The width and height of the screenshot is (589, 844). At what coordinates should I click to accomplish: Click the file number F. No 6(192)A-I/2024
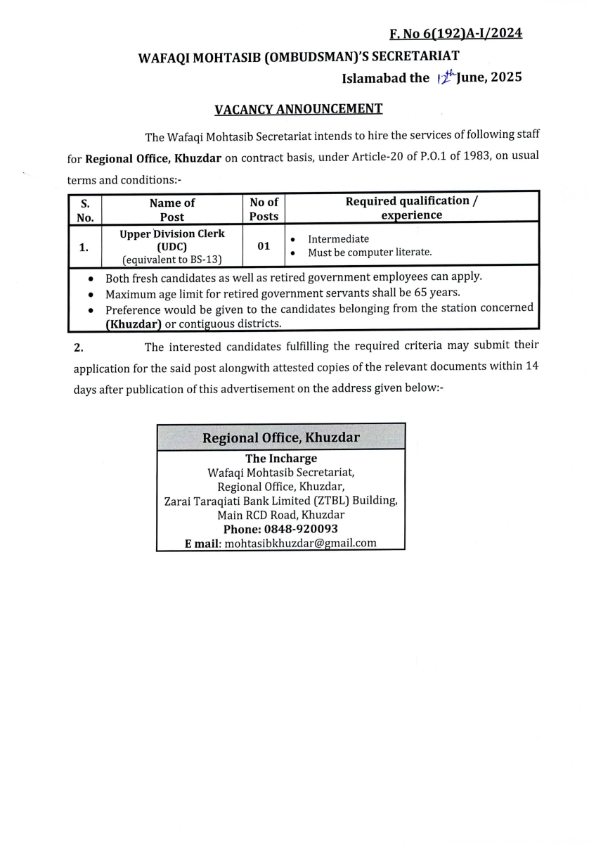click(x=455, y=33)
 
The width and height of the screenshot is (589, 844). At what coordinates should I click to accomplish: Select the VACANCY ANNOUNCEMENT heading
click(x=298, y=109)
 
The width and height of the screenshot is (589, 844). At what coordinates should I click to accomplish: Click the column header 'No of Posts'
click(x=264, y=209)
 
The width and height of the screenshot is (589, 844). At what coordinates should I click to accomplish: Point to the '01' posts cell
click(x=264, y=246)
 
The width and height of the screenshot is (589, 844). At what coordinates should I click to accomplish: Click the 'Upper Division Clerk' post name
click(x=172, y=234)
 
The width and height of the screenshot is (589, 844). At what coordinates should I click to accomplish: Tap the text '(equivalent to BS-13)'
click(x=172, y=259)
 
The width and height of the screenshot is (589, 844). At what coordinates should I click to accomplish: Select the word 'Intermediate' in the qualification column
click(x=338, y=239)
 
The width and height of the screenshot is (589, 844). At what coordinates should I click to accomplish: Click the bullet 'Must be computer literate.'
click(x=370, y=252)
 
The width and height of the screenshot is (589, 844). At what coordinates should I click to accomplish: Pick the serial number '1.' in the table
click(x=84, y=247)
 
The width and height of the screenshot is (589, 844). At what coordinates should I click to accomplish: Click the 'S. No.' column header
click(x=85, y=210)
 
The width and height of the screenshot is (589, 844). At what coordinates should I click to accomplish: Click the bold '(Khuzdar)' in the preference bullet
click(x=134, y=324)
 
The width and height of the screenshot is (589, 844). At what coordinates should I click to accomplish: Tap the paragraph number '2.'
click(x=79, y=347)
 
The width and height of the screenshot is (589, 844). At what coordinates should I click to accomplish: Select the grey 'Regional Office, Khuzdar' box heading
click(x=280, y=437)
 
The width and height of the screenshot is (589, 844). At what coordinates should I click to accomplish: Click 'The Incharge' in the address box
click(x=280, y=459)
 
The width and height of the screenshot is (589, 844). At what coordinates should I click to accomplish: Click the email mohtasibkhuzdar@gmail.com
click(x=300, y=543)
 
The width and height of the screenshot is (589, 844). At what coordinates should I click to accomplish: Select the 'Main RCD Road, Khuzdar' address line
click(x=280, y=515)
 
